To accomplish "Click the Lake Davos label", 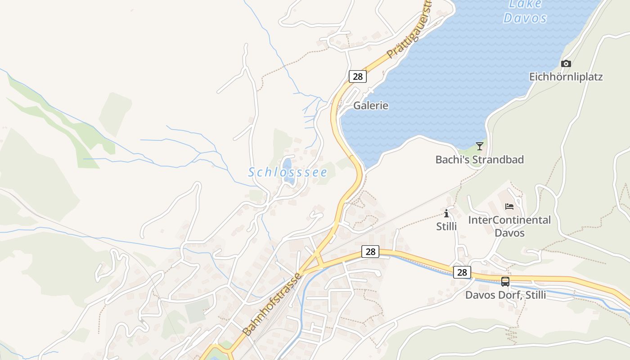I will (x=525, y=12).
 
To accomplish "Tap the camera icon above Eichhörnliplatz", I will (x=566, y=63).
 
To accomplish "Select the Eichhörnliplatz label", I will (x=566, y=76).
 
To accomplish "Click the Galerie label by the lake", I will (x=371, y=106).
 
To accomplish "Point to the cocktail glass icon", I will (x=480, y=146).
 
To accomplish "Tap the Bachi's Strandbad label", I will (x=480, y=159).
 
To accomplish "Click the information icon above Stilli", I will (x=446, y=213).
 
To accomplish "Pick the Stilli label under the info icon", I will (x=446, y=226).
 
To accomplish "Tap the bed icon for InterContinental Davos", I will (x=509, y=207).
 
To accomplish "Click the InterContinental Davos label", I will (x=509, y=226).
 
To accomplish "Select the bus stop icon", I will (x=505, y=282).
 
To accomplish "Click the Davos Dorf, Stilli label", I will (x=505, y=295).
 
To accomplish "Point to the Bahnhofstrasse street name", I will (x=272, y=304).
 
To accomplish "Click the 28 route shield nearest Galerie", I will (x=358, y=76).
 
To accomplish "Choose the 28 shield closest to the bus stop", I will (x=462, y=272).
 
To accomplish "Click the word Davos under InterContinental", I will (x=509, y=233).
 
